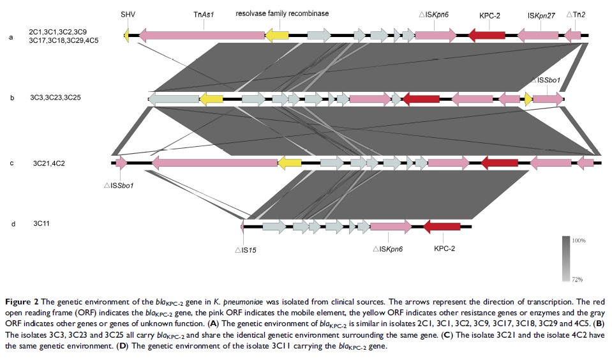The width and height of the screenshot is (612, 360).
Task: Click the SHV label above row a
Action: click(127, 13)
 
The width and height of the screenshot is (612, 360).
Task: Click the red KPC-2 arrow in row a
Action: click(486, 36)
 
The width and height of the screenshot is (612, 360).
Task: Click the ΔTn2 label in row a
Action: click(573, 13)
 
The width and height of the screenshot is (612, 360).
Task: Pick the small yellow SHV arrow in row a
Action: click(126, 36)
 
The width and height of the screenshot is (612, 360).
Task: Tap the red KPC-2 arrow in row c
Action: click(499, 163)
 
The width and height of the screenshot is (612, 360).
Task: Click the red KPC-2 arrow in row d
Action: click(442, 226)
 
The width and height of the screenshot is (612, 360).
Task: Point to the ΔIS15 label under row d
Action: click(246, 250)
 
